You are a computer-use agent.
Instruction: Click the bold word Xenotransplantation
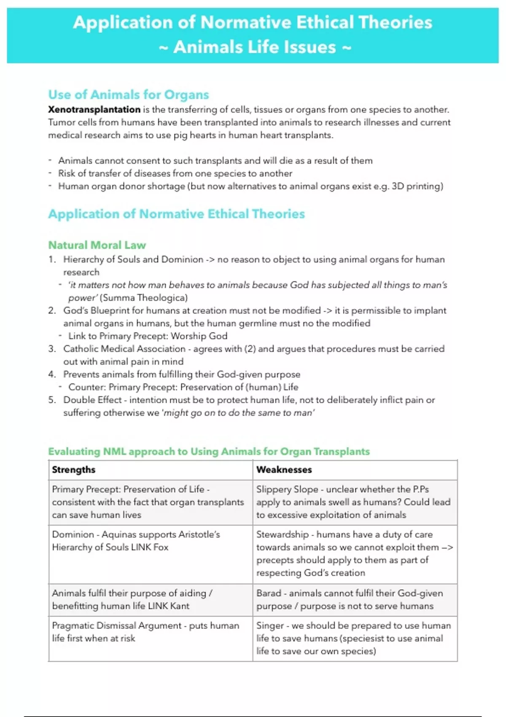tap(94, 110)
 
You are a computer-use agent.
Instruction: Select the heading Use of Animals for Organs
tap(128, 94)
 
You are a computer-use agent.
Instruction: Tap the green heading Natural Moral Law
tap(97, 245)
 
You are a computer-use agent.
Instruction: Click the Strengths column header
tap(73, 469)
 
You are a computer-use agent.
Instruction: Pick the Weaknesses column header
tap(284, 469)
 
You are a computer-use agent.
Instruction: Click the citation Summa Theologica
tap(143, 298)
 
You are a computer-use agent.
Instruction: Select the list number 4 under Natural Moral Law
tap(51, 375)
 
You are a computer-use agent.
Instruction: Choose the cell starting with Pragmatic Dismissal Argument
tap(145, 632)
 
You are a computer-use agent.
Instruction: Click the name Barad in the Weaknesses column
tap(269, 593)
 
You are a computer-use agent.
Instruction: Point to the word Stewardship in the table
tap(282, 534)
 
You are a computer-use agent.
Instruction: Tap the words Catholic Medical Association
tap(124, 349)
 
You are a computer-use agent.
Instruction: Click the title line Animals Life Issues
tap(254, 47)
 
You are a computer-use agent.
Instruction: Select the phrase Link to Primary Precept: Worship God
tap(148, 336)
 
